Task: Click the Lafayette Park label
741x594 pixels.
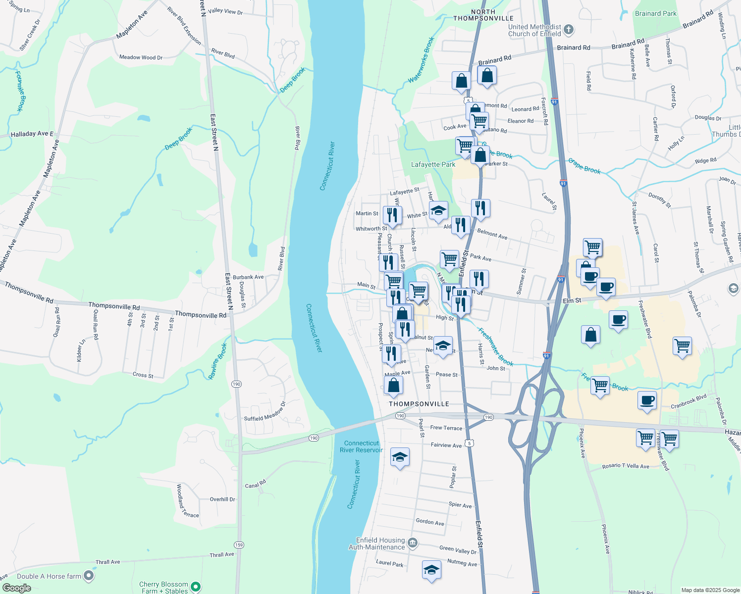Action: click(x=433, y=164)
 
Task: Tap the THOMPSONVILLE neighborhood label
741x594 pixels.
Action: click(x=419, y=404)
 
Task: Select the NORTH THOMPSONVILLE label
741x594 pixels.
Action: click(x=483, y=15)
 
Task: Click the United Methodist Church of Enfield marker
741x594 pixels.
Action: click(x=569, y=30)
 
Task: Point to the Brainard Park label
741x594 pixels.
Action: click(x=655, y=13)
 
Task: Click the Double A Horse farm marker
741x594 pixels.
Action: click(x=89, y=576)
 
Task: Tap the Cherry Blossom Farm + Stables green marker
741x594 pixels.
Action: click(x=196, y=587)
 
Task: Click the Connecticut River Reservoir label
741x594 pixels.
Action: click(x=361, y=446)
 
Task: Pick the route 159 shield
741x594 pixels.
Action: click(x=239, y=544)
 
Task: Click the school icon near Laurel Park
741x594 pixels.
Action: click(x=431, y=570)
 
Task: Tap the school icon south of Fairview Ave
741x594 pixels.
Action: click(x=400, y=457)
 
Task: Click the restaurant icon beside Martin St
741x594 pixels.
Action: click(x=392, y=214)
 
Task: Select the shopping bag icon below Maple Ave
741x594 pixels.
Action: click(x=393, y=385)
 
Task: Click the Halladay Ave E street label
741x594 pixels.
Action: click(x=32, y=134)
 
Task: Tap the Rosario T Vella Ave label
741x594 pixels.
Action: click(x=626, y=466)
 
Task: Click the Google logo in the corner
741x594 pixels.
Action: click(x=17, y=588)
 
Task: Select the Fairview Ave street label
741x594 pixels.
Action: click(x=446, y=445)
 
